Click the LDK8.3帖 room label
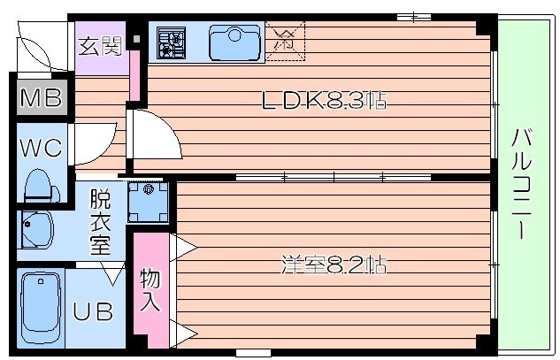323,101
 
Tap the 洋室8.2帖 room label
334,264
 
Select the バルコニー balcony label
522,183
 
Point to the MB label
41,98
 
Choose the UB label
92,311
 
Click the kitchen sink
234,42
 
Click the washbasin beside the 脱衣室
37,231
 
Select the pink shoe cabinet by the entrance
136,75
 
